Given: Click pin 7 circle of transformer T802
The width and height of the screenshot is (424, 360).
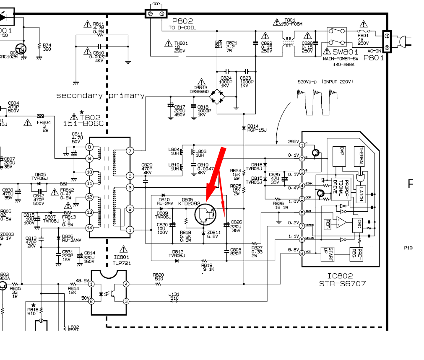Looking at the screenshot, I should point(130,150).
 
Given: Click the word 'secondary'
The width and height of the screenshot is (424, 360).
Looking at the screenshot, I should point(79,96).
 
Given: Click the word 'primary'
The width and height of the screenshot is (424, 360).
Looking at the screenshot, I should point(126,96).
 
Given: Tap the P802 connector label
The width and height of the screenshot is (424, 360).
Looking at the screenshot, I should point(182,21).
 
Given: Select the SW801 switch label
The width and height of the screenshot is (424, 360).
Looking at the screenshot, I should point(346,52).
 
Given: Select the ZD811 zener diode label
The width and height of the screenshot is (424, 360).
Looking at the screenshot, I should point(214,233).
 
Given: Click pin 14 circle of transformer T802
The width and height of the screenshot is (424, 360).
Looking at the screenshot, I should point(89,228).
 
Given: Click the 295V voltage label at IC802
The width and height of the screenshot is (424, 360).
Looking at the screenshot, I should point(294,142).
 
